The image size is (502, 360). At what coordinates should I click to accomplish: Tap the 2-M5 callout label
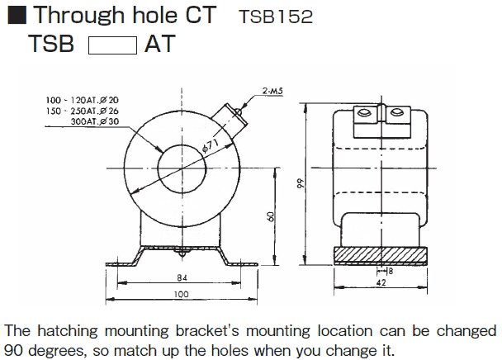(x=272, y=90)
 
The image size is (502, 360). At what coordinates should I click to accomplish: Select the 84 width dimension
(x=182, y=277)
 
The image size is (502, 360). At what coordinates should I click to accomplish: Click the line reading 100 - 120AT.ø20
(x=82, y=100)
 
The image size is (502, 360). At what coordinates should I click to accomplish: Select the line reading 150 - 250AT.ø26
(x=82, y=111)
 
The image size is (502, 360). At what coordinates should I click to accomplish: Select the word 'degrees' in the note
(x=51, y=350)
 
